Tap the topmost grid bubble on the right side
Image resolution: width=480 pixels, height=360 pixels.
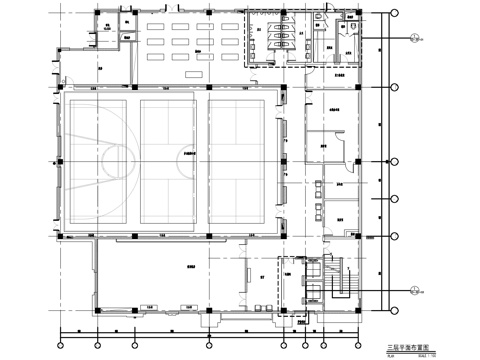click(397, 14)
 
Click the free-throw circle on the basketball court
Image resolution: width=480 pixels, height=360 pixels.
click(121, 161)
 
